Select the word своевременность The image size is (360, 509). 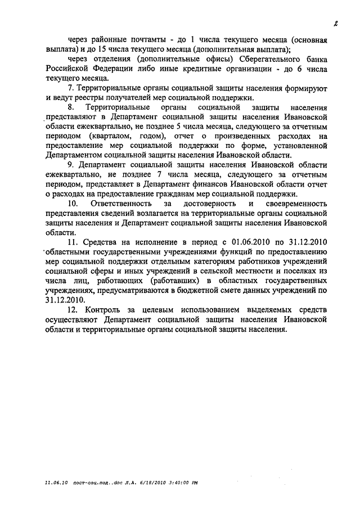[295, 202]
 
